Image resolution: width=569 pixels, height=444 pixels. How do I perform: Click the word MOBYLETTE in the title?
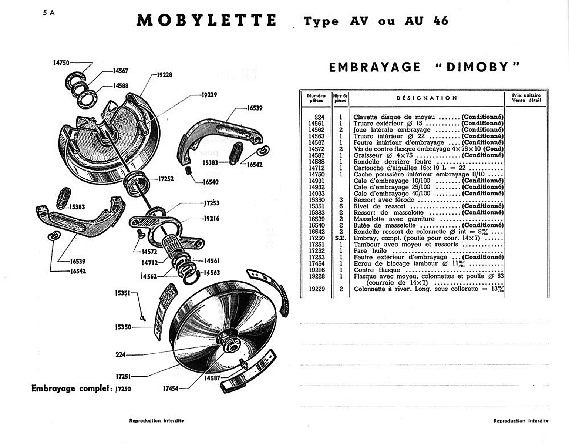pyautogui.click(x=206, y=20)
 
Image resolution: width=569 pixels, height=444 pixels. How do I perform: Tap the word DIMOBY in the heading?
pyautogui.click(x=477, y=67)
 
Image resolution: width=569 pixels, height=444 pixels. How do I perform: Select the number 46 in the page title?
pyautogui.click(x=440, y=21)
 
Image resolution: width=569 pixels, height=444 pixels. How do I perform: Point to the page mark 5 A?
pyautogui.click(x=48, y=13)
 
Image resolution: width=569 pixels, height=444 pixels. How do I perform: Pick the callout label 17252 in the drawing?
pyautogui.click(x=166, y=179)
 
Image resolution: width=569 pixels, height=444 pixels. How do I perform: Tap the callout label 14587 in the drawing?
pyautogui.click(x=212, y=378)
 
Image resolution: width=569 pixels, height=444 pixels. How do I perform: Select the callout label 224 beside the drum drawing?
pyautogui.click(x=121, y=354)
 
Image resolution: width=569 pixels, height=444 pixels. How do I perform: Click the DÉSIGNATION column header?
pyautogui.click(x=427, y=98)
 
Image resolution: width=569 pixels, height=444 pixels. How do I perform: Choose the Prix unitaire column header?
pyautogui.click(x=526, y=98)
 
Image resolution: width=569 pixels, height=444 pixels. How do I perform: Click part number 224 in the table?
pyautogui.click(x=319, y=117)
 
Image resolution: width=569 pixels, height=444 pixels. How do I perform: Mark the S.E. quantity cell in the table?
pyautogui.click(x=340, y=238)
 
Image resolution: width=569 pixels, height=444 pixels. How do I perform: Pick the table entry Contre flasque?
pyautogui.click(x=371, y=270)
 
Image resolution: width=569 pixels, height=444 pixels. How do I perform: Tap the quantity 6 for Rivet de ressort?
pyautogui.click(x=341, y=206)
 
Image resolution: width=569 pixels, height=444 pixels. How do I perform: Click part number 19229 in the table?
pyautogui.click(x=317, y=289)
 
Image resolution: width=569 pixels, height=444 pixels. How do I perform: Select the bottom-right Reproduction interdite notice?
pyautogui.click(x=521, y=421)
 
